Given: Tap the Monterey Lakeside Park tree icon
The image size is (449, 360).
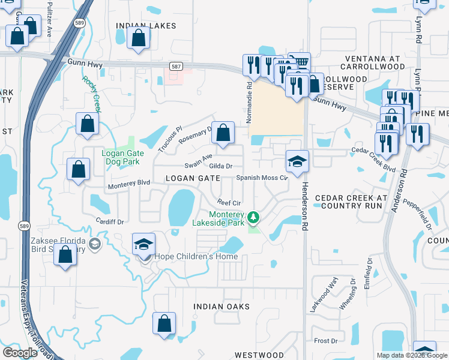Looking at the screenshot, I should (254, 215).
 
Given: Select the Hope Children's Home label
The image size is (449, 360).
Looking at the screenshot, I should (196, 257).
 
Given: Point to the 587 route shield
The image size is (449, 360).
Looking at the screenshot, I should (175, 67).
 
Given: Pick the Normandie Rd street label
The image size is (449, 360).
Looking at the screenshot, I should (248, 102).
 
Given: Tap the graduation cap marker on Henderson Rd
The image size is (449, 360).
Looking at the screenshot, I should (297, 161).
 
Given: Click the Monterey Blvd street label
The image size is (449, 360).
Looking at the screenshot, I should (128, 186).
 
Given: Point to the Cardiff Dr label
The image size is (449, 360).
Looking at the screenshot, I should (109, 221).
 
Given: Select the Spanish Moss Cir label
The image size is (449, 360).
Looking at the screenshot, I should (262, 178).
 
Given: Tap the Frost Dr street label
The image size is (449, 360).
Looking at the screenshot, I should (326, 340).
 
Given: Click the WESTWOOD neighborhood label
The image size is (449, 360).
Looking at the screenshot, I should (259, 355).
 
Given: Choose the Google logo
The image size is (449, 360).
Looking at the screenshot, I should (20, 353).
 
